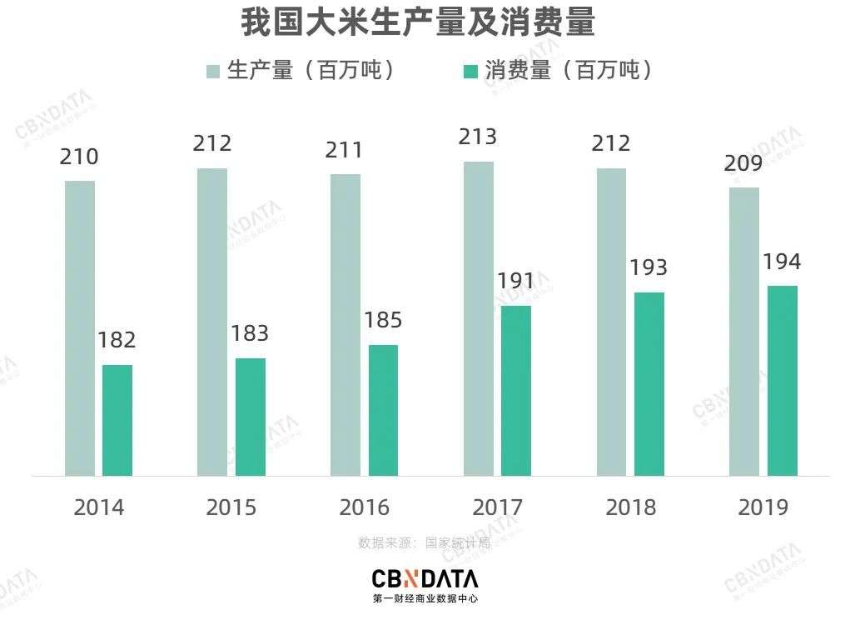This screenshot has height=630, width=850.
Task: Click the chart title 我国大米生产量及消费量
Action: coord(418,24)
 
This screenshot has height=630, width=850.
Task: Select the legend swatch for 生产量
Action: coord(213,71)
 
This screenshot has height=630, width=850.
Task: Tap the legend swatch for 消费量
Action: coord(470,71)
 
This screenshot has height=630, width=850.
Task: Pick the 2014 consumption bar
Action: coord(117,420)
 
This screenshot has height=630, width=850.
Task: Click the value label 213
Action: coord(478,137)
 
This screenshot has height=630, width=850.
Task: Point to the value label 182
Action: coord(117,340)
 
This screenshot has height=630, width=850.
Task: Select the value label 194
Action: coord(782,262)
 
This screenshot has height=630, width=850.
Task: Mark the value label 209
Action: coord(743,163)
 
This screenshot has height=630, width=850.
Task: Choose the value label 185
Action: coord(383,320)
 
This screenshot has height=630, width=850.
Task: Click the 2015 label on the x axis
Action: coord(231,507)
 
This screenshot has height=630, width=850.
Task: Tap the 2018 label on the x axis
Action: coord(630,507)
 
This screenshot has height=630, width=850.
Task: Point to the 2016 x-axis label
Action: coord(365,507)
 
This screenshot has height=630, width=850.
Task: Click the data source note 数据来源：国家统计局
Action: coord(425,542)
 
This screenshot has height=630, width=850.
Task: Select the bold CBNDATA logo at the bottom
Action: coord(425,578)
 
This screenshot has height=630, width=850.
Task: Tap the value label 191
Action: coord(516,281)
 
